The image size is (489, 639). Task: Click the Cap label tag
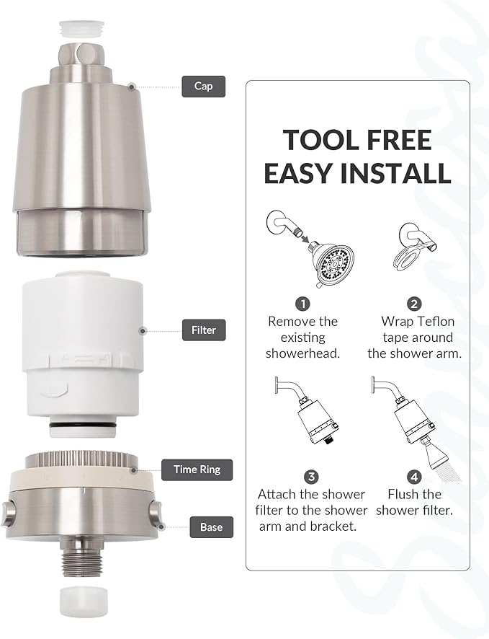[203, 87]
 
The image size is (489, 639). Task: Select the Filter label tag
[204, 330]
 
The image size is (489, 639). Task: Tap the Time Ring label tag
[197, 470]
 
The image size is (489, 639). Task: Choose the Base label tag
[211, 527]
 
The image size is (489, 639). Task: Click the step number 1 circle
[303, 304]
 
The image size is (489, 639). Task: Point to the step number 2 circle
[414, 304]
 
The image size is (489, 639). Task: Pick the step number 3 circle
[311, 476]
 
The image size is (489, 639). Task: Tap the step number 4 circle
[414, 476]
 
